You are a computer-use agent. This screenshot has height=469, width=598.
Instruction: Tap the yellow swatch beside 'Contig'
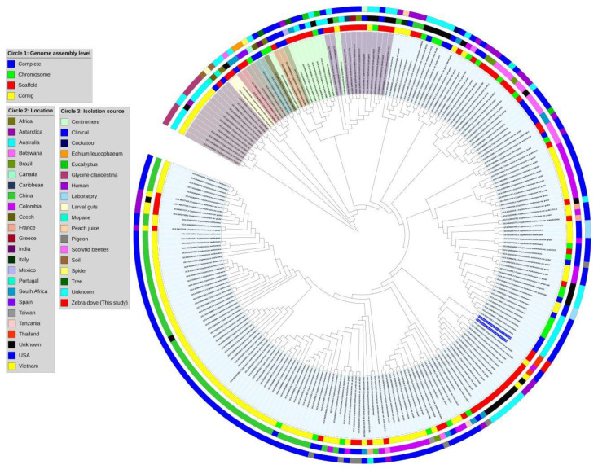[12, 95]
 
